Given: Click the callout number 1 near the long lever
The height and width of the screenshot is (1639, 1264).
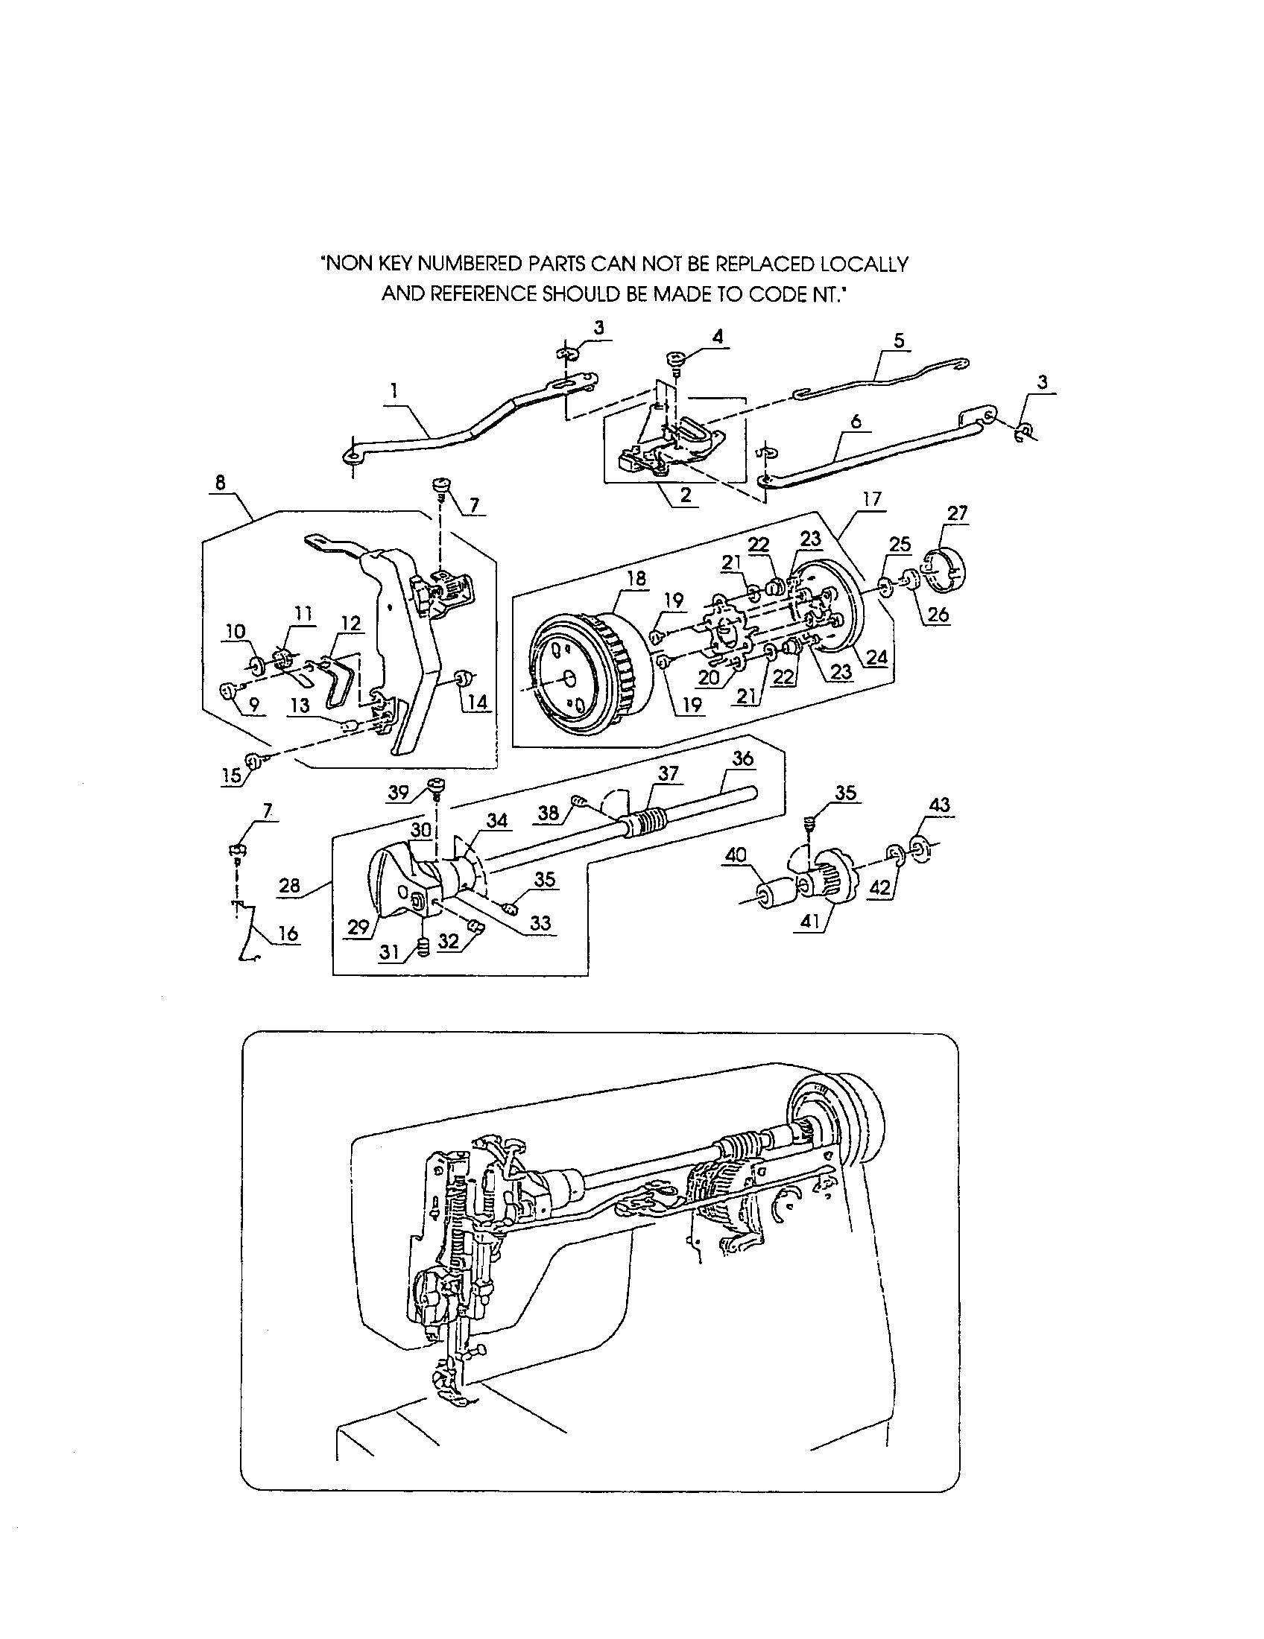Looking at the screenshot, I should (x=394, y=390).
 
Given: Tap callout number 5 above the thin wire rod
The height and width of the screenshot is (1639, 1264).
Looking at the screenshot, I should (x=900, y=340).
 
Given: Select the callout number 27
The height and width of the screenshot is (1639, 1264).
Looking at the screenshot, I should (x=958, y=513).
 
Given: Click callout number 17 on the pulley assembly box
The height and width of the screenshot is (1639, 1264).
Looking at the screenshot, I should (x=872, y=499).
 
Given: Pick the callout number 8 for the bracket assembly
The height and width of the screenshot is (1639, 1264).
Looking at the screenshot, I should (x=220, y=483).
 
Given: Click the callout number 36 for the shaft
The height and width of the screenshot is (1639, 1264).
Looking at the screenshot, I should (x=742, y=758).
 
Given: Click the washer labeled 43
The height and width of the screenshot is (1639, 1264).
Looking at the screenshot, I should (x=918, y=848).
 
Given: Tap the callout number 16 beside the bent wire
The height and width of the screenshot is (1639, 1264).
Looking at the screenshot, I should (x=288, y=933).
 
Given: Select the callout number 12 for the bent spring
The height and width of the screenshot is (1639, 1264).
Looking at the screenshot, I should (x=350, y=624).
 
